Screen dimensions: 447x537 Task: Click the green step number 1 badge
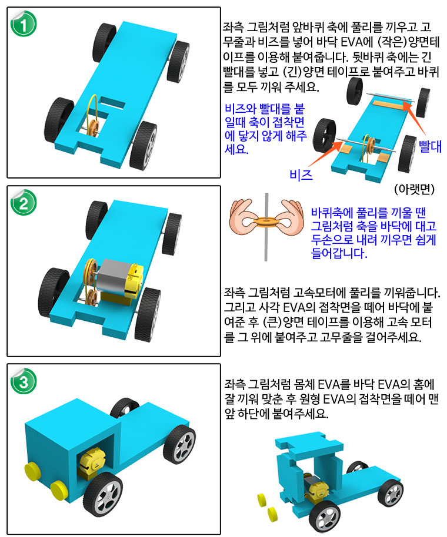(x=24, y=24)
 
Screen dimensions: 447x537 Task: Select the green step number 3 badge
(x=24, y=381)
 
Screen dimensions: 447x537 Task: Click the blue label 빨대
(x=430, y=146)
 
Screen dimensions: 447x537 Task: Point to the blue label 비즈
(x=301, y=174)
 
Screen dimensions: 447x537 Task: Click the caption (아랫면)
(x=414, y=189)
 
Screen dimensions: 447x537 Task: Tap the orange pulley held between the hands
(x=266, y=221)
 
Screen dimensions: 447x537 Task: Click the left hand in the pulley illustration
(x=244, y=216)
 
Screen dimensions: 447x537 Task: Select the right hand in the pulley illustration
(x=289, y=216)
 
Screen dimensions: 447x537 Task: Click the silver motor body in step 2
(x=112, y=277)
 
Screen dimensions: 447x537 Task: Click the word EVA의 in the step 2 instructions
(x=299, y=307)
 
